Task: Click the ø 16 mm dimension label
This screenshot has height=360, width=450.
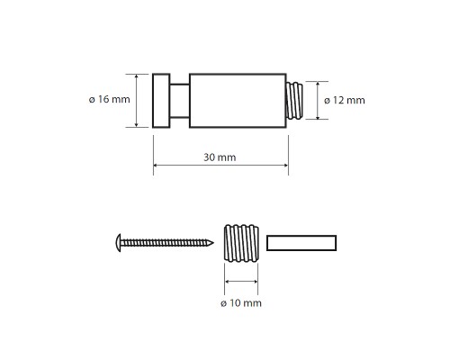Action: coord(110,99)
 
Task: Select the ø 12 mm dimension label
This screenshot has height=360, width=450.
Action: coord(345,100)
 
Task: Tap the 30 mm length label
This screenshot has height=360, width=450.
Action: coord(220,157)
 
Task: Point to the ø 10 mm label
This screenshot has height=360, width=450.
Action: coord(241,303)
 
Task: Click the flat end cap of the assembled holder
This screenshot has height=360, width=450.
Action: coord(161,101)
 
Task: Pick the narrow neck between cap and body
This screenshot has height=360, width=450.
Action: coord(180,101)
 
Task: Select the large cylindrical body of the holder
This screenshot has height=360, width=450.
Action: coord(238,101)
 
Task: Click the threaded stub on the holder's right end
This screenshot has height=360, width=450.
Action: coord(294,101)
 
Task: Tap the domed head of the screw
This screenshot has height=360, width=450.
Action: coord(119,243)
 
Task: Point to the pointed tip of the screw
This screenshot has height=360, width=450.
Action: coord(213,243)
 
